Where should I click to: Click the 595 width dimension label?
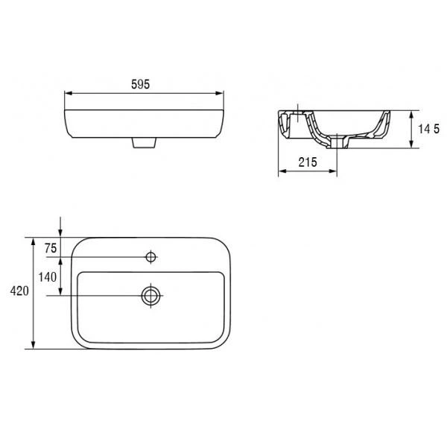(140, 84)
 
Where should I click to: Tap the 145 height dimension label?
(429, 129)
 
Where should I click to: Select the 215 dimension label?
(308, 162)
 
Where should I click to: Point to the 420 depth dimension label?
(19, 291)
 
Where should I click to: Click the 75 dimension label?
(51, 248)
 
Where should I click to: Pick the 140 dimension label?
(48, 277)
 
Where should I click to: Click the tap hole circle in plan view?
(150, 257)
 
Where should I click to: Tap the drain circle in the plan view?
(150, 296)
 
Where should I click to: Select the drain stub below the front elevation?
(145, 142)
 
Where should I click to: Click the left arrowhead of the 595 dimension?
(69, 93)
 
